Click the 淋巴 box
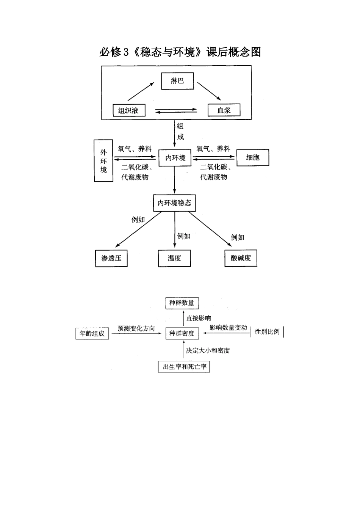click(x=177, y=81)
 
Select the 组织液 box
click(x=128, y=110)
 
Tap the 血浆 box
click(x=224, y=110)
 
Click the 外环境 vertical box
click(x=103, y=161)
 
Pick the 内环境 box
click(x=175, y=158)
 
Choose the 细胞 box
click(x=253, y=157)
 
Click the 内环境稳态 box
click(x=174, y=203)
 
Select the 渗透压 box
click(x=111, y=258)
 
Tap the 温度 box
click(x=174, y=258)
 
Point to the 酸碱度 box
click(x=241, y=258)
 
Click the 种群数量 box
click(x=182, y=303)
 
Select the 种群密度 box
click(x=182, y=333)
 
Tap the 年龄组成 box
click(x=92, y=334)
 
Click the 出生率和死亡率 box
click(x=184, y=367)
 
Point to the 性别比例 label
click(x=267, y=332)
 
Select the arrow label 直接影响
click(x=199, y=318)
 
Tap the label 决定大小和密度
click(x=208, y=350)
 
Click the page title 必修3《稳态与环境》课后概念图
click(x=180, y=52)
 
